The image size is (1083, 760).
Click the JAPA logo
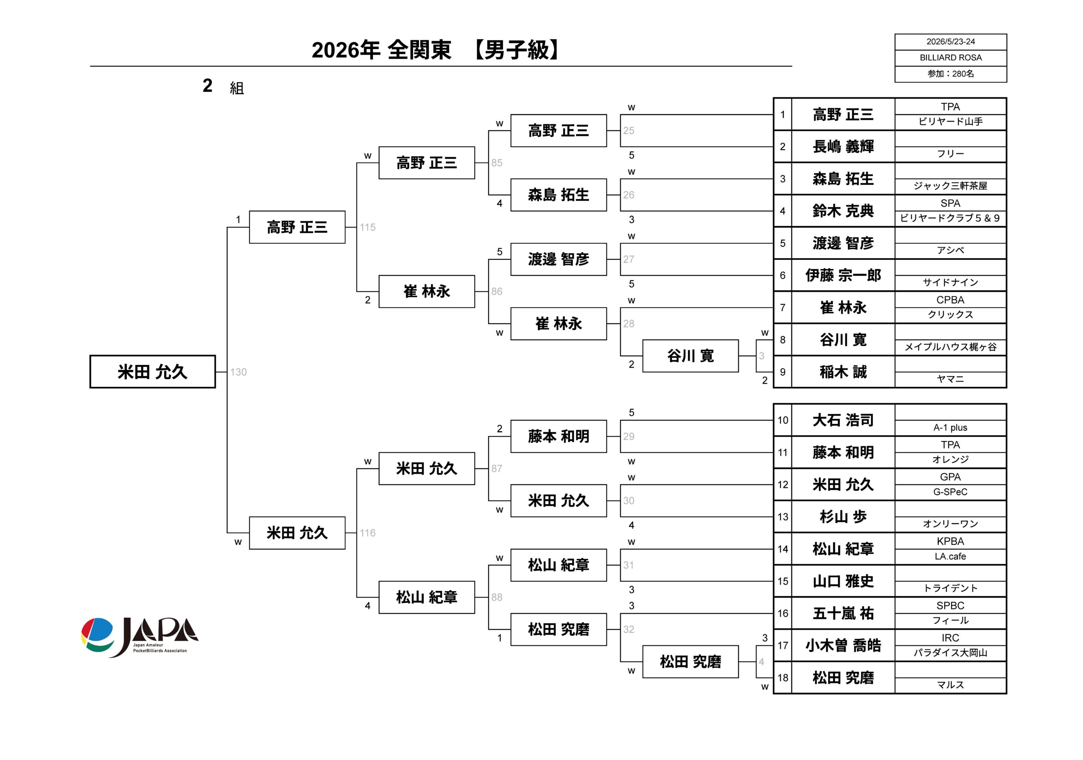(x=140, y=637)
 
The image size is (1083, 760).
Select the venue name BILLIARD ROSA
(x=951, y=58)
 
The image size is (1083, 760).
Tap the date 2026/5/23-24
(x=951, y=41)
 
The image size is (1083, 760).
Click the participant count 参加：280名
(x=951, y=74)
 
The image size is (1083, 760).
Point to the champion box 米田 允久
(x=152, y=372)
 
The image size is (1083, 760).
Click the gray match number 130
(x=238, y=372)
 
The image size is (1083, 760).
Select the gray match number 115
(x=368, y=227)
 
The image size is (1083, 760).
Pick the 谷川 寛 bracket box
(x=690, y=356)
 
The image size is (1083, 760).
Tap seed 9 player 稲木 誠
(x=843, y=372)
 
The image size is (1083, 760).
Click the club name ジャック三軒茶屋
(x=951, y=186)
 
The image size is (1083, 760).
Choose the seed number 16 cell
(x=783, y=613)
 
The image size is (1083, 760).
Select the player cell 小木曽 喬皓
(x=843, y=645)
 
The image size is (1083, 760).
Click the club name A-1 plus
(x=951, y=427)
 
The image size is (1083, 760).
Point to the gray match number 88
(x=497, y=597)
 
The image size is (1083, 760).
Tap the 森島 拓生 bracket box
(x=558, y=195)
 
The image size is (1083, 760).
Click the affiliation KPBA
(x=951, y=541)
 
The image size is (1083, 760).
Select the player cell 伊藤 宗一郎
(x=843, y=275)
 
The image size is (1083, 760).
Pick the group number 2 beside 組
(x=208, y=85)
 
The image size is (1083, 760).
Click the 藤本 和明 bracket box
(x=558, y=436)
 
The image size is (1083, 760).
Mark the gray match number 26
(x=628, y=195)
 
